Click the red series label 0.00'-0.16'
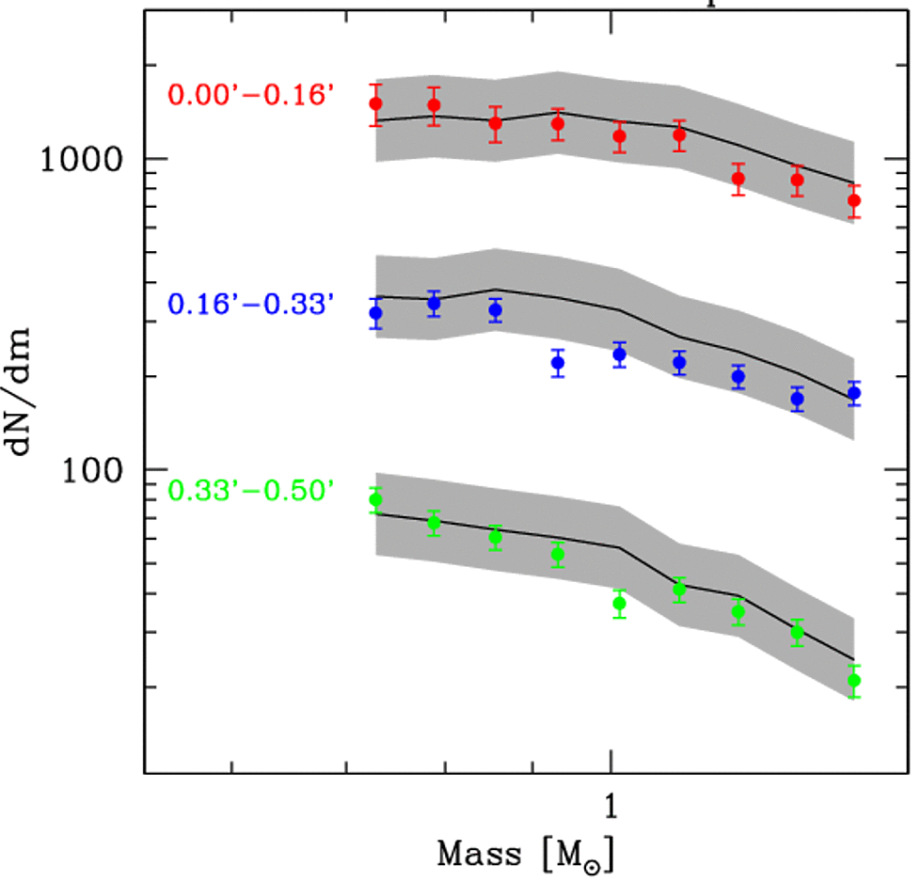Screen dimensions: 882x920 (250, 95)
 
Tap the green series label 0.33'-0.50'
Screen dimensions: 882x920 (250, 491)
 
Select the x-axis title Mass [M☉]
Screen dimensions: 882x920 (528, 855)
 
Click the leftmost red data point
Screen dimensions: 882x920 (375, 103)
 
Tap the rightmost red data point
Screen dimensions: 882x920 (854, 200)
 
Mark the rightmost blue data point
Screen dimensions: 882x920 (854, 394)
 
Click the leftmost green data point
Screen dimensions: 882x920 (375, 499)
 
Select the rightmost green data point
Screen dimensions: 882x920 (854, 680)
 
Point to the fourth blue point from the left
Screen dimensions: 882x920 (558, 363)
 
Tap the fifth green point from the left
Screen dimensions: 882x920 (619, 604)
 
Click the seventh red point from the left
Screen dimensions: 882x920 (738, 179)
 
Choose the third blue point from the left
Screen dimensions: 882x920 (496, 310)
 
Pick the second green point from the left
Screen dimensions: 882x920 (434, 523)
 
